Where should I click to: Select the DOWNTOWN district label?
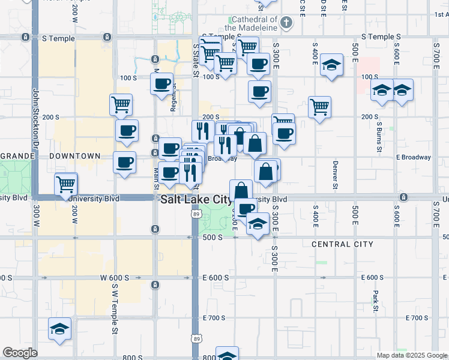tap(75, 156)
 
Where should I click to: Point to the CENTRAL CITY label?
tap(342, 244)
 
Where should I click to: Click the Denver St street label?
tap(335, 173)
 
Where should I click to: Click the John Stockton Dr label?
tap(35, 120)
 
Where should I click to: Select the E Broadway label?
tap(414, 157)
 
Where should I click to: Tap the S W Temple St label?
tap(114, 308)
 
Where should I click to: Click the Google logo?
tap(20, 353)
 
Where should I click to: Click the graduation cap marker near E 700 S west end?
tap(59, 328)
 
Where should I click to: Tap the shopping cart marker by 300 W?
tap(66, 184)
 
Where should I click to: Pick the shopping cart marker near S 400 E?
tap(320, 107)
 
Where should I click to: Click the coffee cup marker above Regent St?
tap(161, 84)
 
